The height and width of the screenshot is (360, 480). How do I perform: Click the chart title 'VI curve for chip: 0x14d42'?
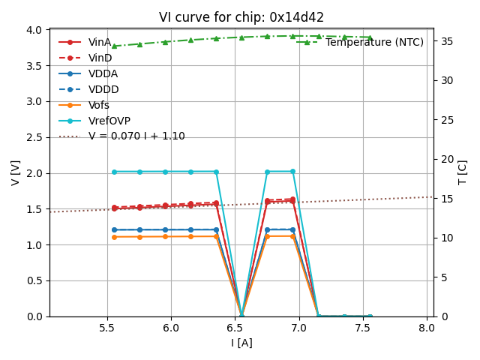pos(241,17)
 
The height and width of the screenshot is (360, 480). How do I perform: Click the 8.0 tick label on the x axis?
pos(427,328)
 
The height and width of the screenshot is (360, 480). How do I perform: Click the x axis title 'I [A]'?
pos(241,343)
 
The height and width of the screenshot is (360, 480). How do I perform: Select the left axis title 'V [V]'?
pos(15,172)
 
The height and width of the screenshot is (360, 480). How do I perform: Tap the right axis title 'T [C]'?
pos(462,172)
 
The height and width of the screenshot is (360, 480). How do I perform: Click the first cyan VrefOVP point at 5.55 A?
pos(114,172)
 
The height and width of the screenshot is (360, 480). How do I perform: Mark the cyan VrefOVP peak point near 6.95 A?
pos(292,172)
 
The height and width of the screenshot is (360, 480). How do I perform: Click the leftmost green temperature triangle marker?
pos(114,46)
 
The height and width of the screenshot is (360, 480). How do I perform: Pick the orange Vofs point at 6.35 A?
pos(216,236)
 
